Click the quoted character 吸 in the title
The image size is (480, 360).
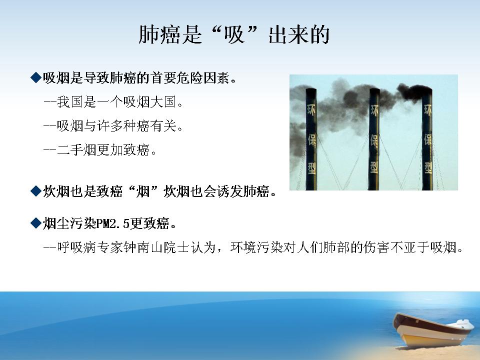234,34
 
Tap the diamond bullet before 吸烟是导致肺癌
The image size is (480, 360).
36,78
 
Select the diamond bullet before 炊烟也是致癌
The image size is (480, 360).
36,191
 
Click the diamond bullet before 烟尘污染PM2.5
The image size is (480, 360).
36,223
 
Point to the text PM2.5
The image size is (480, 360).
113,223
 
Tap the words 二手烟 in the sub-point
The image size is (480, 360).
76,150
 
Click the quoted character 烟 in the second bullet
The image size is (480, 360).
142,191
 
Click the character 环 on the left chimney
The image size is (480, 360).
311,109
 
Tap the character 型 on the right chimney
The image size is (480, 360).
427,167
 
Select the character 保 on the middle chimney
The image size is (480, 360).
374,139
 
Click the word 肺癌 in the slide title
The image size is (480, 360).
159,34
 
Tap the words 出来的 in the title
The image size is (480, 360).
299,34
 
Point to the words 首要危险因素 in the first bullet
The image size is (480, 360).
190,78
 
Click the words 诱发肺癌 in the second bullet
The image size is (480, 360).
243,191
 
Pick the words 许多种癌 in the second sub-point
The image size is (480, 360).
123,126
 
